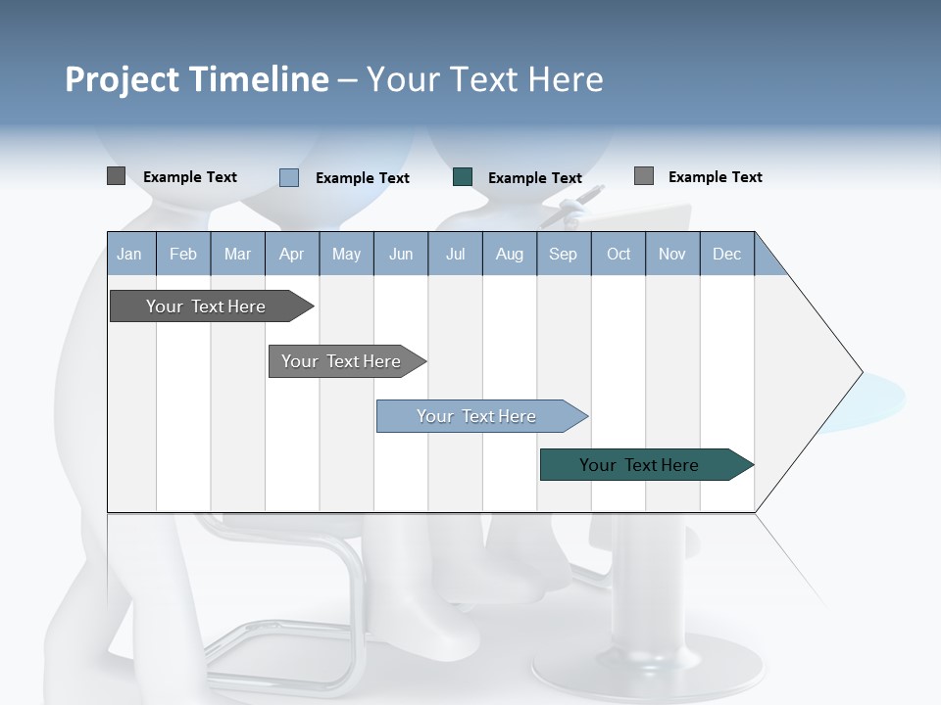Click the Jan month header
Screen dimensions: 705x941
(129, 255)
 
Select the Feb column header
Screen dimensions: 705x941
(183, 255)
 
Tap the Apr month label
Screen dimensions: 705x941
(291, 255)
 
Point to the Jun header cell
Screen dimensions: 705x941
(401, 255)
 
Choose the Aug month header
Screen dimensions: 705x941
(509, 255)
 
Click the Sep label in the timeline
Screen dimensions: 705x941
(563, 255)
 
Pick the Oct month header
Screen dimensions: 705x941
(619, 255)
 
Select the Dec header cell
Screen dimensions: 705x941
(726, 255)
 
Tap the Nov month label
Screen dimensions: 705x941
(672, 255)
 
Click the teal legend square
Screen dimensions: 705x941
(463, 177)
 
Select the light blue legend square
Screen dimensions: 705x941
(289, 177)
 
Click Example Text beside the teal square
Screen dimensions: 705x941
(534, 178)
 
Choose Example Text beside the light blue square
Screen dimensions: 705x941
(362, 178)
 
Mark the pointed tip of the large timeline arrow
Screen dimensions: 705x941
(861, 372)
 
